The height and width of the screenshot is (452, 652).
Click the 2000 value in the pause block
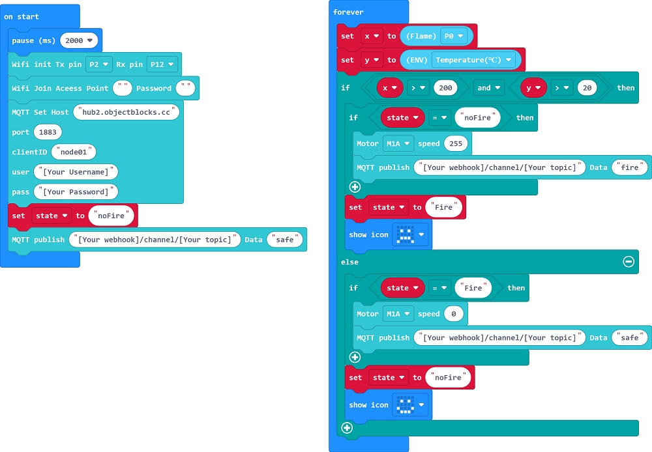pos(79,40)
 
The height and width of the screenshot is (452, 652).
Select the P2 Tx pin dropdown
pos(98,64)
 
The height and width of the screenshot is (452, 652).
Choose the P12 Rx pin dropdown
pos(162,64)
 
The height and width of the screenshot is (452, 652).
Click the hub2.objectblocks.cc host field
pos(126,112)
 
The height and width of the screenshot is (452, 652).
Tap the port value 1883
pos(48,132)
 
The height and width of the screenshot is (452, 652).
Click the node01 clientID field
pos(74,152)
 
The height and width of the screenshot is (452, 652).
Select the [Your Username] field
pos(76,172)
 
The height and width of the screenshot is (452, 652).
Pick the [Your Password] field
pos(76,191)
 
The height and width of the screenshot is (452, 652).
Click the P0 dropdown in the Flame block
pos(454,36)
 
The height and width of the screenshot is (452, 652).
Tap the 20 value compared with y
pos(586,87)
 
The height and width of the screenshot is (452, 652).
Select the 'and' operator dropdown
pos(488,87)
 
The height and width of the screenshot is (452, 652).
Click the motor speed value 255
pos(456,143)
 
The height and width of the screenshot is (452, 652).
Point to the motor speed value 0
pos(453,314)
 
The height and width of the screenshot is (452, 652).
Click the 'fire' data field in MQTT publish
pos(630,167)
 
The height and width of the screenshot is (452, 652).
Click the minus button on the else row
pos(629,261)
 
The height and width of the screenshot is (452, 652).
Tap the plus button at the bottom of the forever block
pos(347,428)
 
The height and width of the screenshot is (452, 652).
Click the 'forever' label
pos(348,12)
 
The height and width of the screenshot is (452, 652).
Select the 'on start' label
pos(22,16)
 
